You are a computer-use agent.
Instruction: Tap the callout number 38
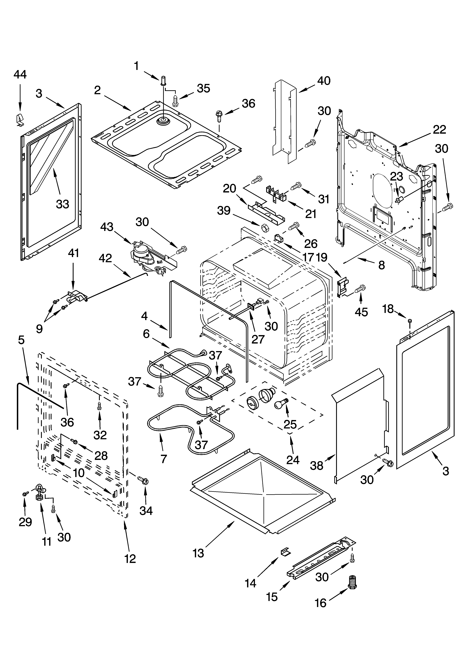click(x=317, y=466)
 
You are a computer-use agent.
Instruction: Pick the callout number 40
click(x=324, y=81)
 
